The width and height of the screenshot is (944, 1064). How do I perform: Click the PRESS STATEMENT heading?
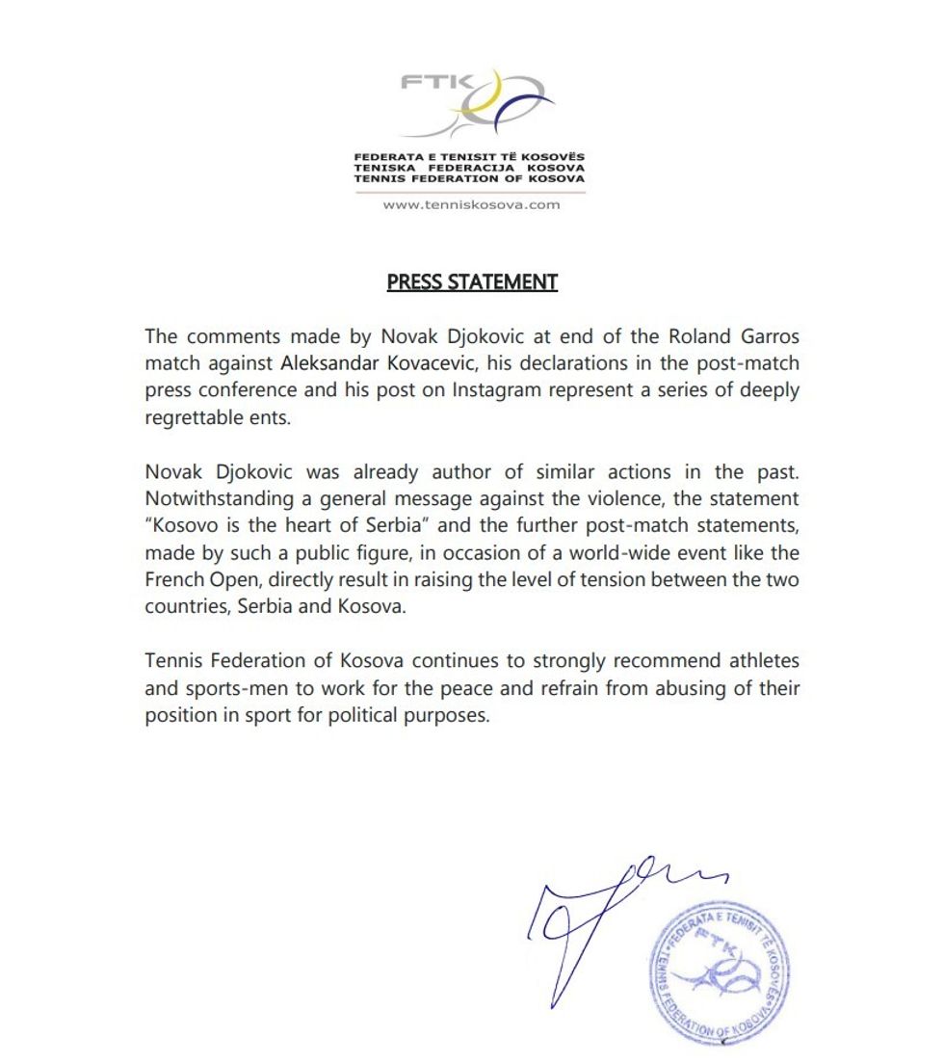(472, 282)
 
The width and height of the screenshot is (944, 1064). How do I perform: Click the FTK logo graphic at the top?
(478, 102)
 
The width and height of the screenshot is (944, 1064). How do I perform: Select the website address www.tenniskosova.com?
(471, 204)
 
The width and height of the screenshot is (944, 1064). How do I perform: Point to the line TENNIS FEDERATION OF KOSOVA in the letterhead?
(469, 179)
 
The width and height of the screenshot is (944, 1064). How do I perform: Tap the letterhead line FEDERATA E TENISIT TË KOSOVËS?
(469, 156)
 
